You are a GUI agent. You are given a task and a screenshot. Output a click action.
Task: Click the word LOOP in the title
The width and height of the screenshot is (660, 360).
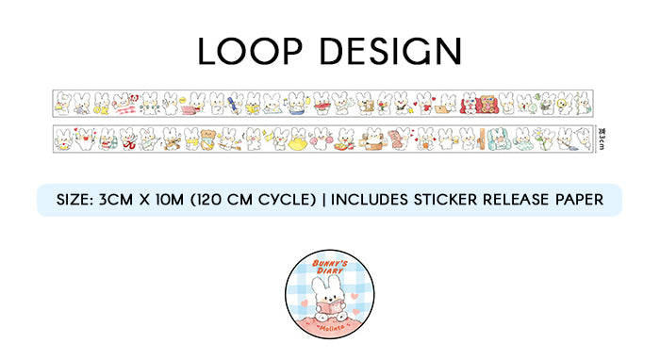251,51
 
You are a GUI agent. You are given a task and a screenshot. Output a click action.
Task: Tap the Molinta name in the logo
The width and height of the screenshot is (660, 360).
330,323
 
